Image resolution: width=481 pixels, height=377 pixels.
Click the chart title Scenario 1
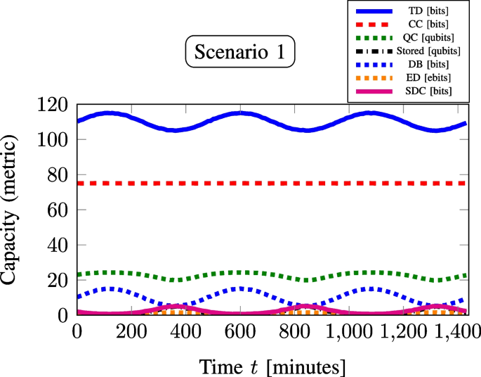[x=240, y=53]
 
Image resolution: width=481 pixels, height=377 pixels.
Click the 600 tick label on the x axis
[x=240, y=331]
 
